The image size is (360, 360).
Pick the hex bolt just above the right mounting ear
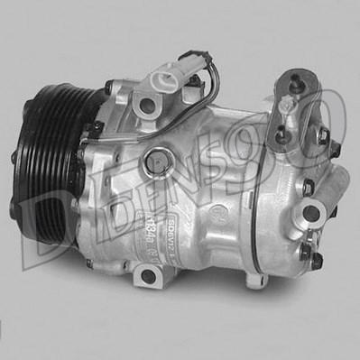point(309,187)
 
